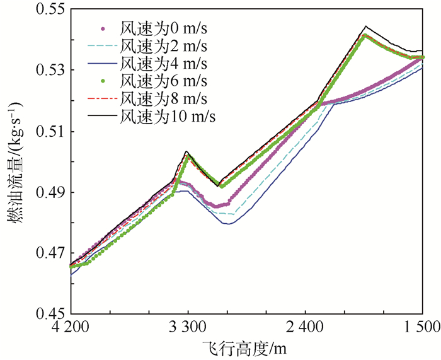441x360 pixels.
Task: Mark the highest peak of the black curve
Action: (x=365, y=26)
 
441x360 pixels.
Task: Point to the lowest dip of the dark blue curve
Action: (x=228, y=224)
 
